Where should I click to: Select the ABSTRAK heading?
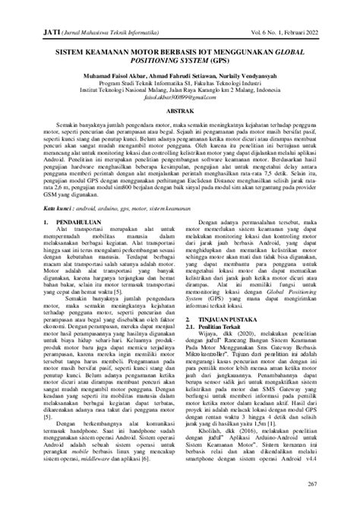pos(180,133)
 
